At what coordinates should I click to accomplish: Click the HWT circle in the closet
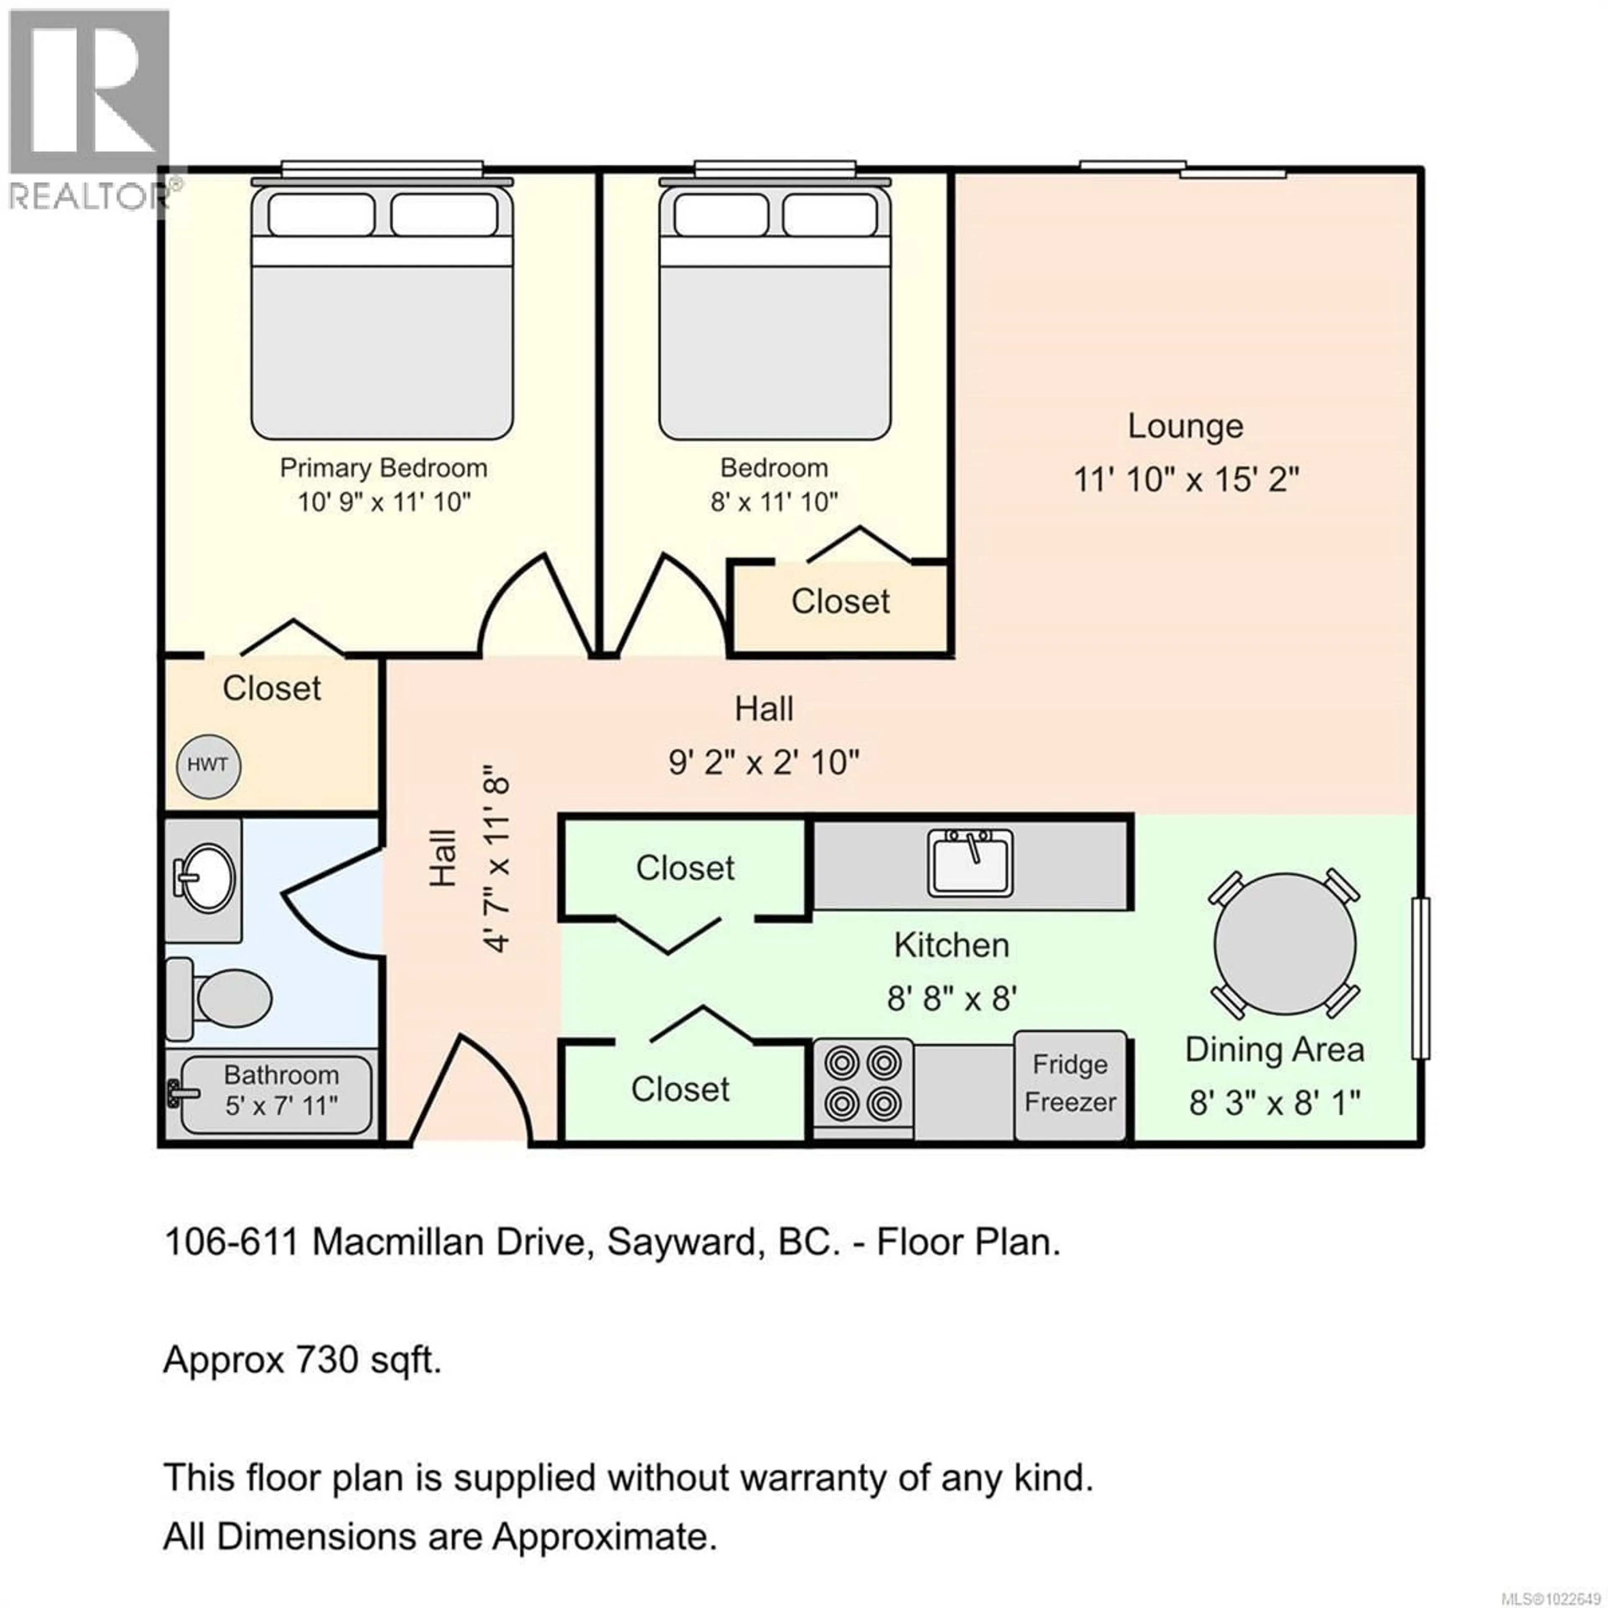click(x=208, y=766)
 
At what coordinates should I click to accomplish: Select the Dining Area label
click(x=1274, y=1049)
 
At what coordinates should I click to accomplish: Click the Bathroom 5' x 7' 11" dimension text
click(x=281, y=1106)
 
